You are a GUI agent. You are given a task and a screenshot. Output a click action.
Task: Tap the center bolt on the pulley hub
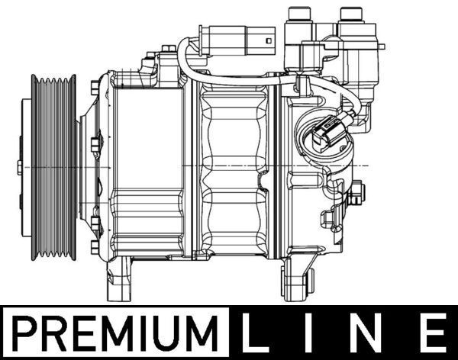[x=20, y=166]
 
